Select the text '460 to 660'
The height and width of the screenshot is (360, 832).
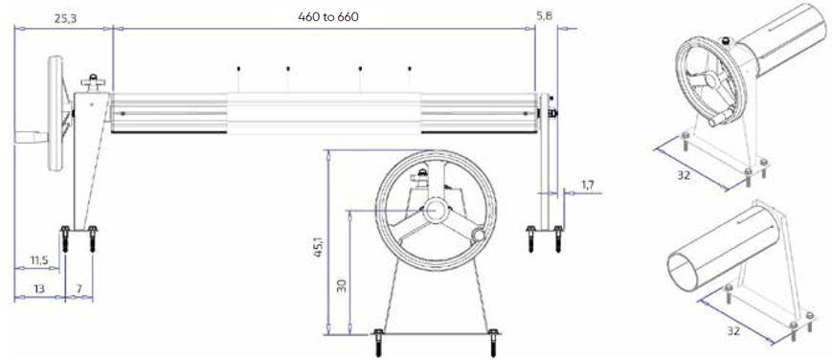[x=328, y=17]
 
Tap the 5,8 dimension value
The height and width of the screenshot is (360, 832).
[x=545, y=16]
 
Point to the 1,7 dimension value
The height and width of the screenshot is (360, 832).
[x=588, y=185]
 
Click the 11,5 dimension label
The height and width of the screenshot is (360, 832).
[x=39, y=260]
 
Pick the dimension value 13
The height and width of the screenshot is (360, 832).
[x=38, y=289]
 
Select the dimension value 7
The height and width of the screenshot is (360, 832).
[x=79, y=289]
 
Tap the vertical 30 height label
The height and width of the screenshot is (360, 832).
[x=342, y=286]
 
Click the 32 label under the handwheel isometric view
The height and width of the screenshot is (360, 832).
[x=684, y=174]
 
